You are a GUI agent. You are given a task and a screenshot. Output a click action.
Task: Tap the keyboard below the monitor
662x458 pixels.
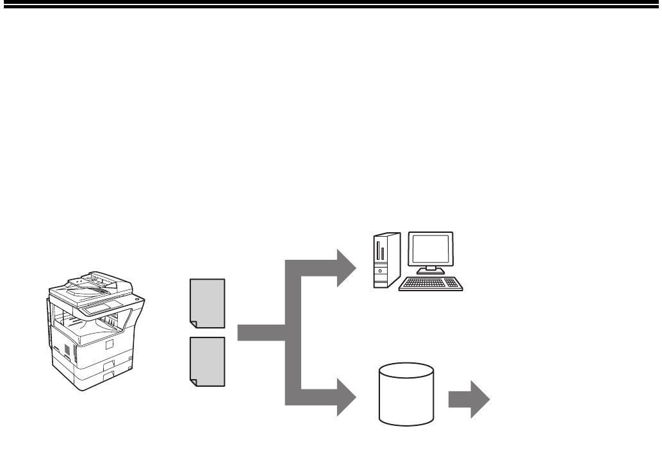click(x=431, y=284)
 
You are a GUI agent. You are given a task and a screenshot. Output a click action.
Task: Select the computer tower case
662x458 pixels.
click(x=386, y=259)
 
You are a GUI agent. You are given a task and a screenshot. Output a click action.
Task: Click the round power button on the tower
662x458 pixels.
click(x=380, y=271)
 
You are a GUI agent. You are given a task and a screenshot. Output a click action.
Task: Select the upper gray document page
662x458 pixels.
click(x=208, y=303)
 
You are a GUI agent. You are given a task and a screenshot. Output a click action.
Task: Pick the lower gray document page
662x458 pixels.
click(x=208, y=361)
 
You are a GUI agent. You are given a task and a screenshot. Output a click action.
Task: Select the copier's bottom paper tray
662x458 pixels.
click(x=96, y=375)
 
